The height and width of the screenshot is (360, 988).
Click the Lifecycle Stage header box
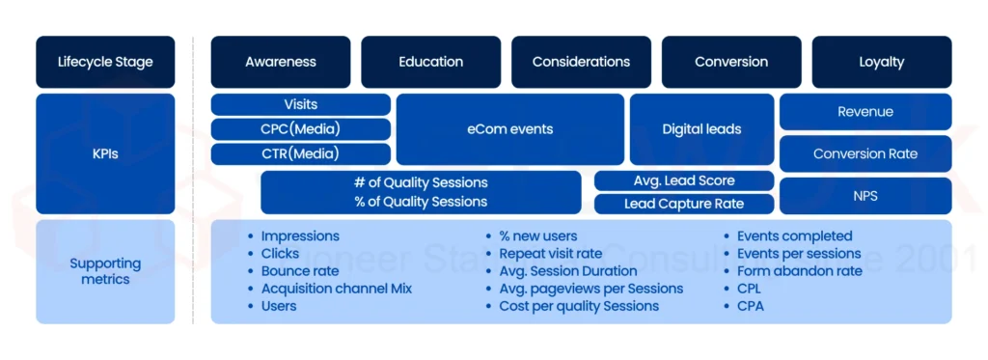pos(105,62)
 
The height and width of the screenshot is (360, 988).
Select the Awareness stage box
pos(281,62)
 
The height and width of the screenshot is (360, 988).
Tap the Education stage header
pos(430,62)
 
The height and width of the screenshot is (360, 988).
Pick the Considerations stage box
pos(581,62)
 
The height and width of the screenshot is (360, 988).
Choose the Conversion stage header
pos(731,62)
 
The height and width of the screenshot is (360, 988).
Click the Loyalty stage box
pos(881,62)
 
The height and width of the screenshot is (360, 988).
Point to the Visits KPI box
pos(300,104)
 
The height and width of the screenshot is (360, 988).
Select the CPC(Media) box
pos(300,129)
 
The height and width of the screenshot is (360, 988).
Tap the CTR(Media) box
pos(300,153)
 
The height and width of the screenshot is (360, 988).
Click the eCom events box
pos(509,129)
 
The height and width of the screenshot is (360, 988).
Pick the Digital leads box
pos(701,129)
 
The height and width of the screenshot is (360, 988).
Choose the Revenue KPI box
pos(864,112)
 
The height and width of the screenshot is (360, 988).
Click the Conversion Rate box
pos(864,153)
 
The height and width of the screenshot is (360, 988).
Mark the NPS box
pos(864,195)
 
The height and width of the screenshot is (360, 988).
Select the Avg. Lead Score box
pos(684,180)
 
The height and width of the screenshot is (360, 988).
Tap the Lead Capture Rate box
pos(684,204)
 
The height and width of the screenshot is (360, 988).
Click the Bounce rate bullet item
pos(299,271)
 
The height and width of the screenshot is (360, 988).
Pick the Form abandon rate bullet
pos(799,271)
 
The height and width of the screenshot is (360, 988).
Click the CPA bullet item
pos(751,306)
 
